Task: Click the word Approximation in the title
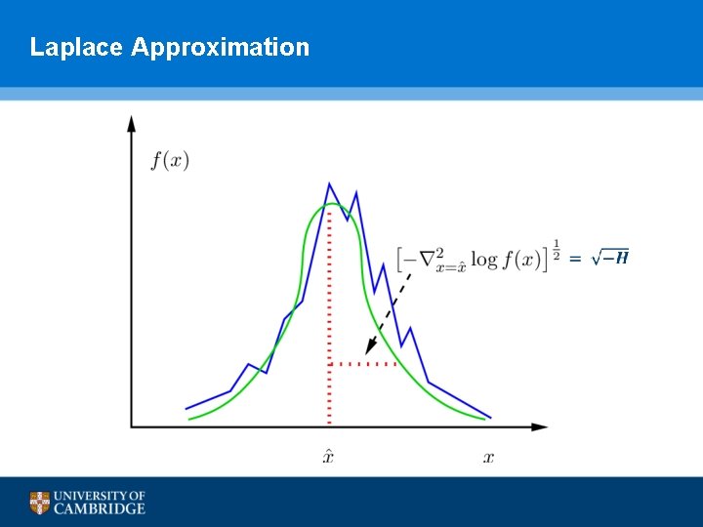pos(220,48)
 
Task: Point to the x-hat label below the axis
pos(328,457)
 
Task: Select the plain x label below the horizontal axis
pos(488,458)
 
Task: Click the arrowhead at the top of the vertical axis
pos(132,123)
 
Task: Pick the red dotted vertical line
pos(329,312)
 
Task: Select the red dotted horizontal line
pos(363,364)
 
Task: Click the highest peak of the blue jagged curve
pos(329,183)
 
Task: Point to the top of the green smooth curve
pos(330,204)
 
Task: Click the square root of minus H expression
pos(610,258)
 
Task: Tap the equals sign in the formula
pos(576,259)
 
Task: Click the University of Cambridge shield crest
pos(39,503)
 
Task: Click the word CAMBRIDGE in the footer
pos(100,508)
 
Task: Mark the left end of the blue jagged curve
pos(186,408)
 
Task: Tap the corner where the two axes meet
pos(132,426)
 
